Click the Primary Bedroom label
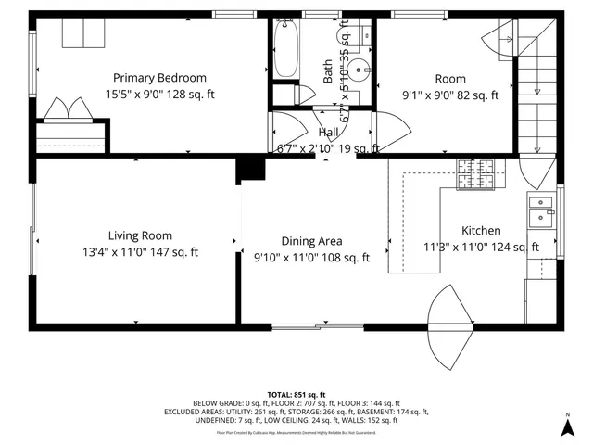159,78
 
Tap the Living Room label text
140,235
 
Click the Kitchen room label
481,231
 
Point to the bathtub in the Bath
286,50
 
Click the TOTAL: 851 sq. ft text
296,393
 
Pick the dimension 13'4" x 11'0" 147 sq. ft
139,251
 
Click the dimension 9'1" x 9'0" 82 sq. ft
450,95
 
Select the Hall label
328,133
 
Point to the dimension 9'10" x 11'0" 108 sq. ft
311,257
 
